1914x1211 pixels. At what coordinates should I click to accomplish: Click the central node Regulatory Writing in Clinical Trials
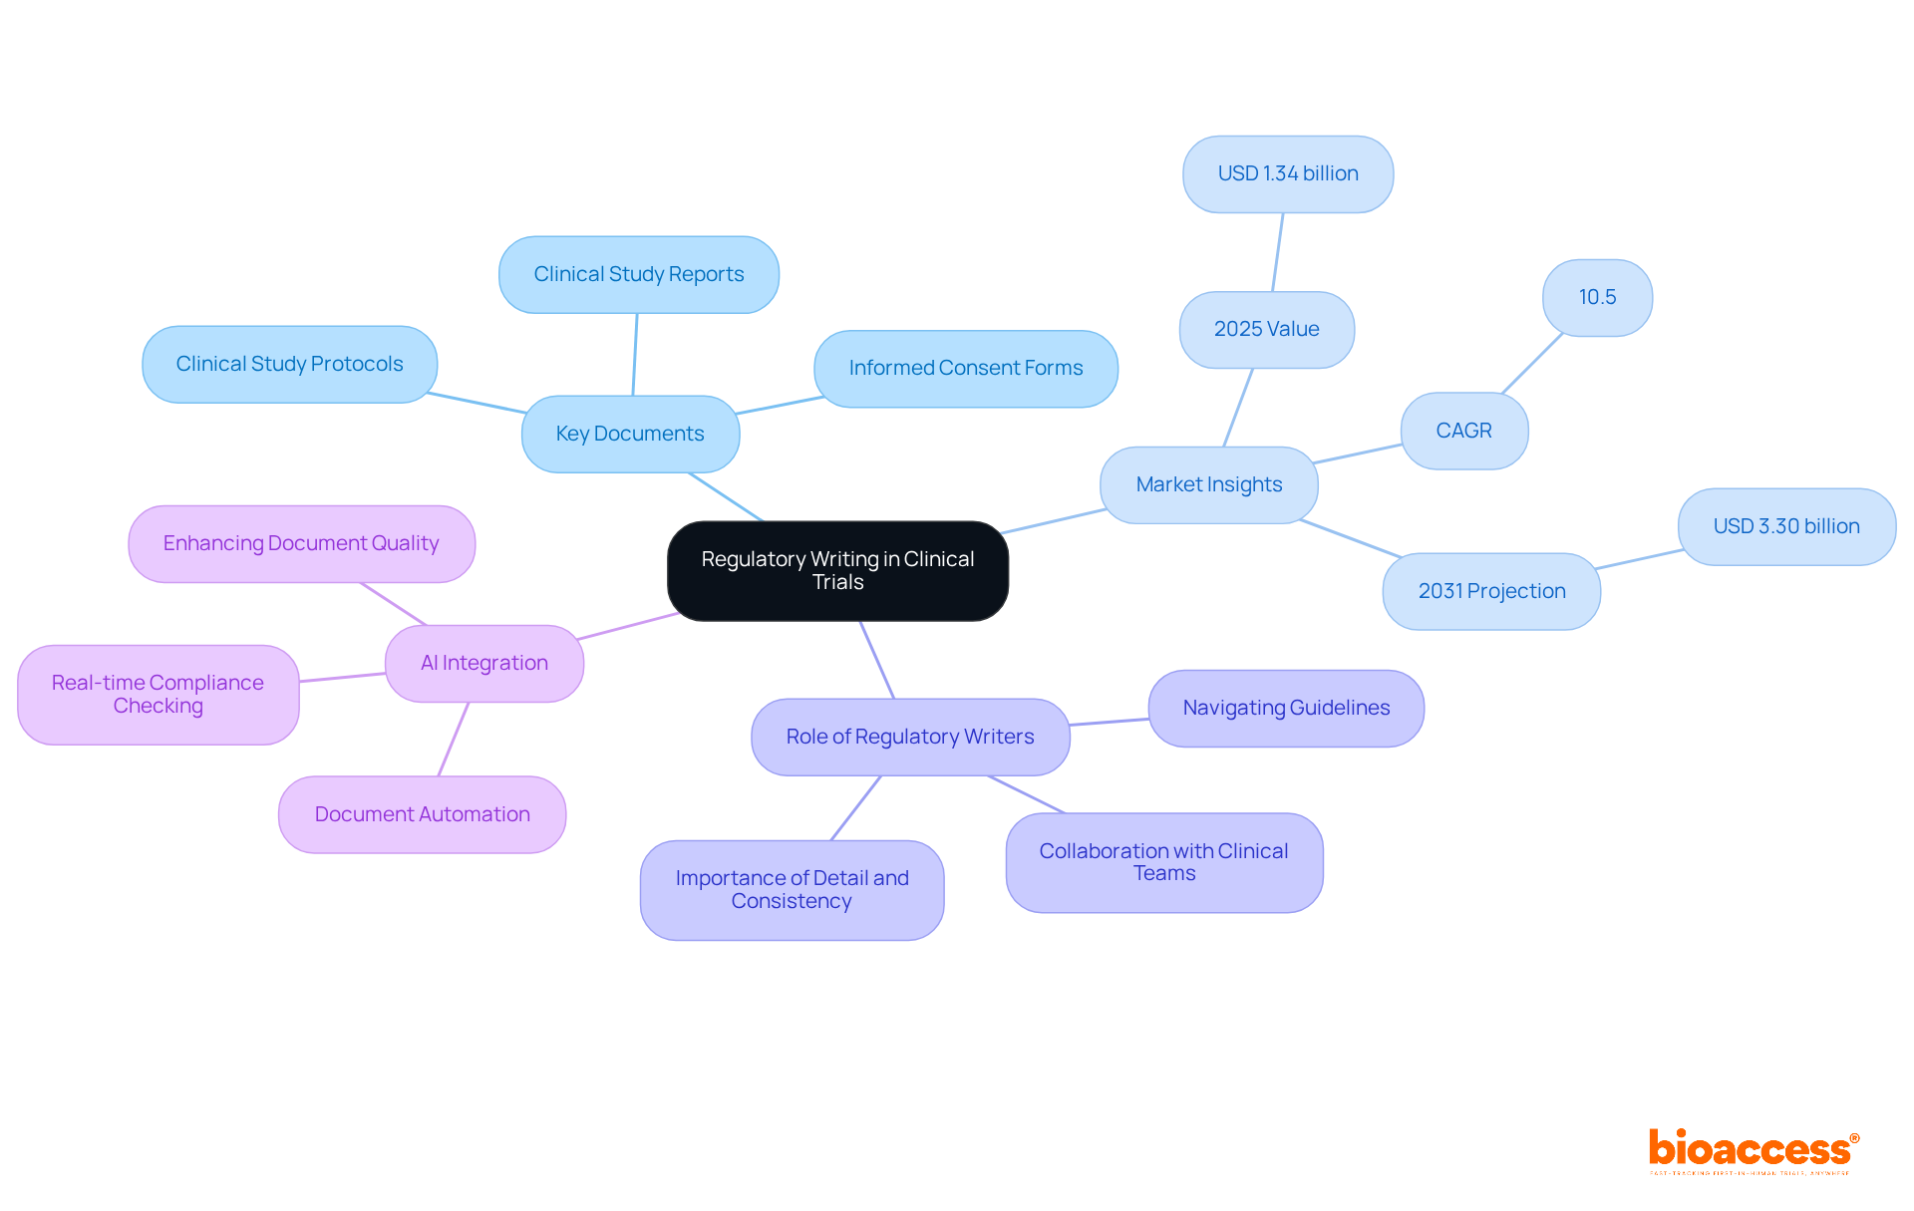(837, 570)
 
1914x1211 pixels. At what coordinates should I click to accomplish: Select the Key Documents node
(630, 434)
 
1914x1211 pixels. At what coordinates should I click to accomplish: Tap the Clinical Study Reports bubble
(638, 274)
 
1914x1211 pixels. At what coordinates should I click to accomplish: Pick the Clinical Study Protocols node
(289, 364)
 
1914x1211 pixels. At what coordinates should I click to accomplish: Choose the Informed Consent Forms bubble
(965, 368)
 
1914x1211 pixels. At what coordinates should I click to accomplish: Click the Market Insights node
(1208, 484)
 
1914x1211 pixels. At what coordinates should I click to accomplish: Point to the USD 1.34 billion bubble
(1287, 173)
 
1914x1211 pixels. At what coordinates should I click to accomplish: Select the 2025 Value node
(1266, 329)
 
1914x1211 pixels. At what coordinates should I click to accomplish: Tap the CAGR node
(1463, 431)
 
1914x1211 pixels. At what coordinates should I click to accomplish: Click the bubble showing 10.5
(1597, 297)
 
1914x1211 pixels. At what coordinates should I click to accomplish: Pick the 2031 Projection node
(1491, 591)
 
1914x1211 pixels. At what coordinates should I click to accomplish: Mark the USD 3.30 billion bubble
(1786, 526)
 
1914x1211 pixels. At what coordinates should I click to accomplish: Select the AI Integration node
(483, 663)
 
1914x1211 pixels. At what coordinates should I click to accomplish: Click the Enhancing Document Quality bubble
(301, 543)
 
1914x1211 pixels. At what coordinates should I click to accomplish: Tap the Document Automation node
(422, 814)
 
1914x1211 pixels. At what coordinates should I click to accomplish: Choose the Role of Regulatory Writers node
(909, 737)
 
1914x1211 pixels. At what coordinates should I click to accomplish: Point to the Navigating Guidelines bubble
(1286, 708)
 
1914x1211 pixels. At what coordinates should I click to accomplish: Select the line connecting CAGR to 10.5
(1532, 364)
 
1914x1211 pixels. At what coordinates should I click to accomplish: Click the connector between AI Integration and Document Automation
(454, 739)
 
